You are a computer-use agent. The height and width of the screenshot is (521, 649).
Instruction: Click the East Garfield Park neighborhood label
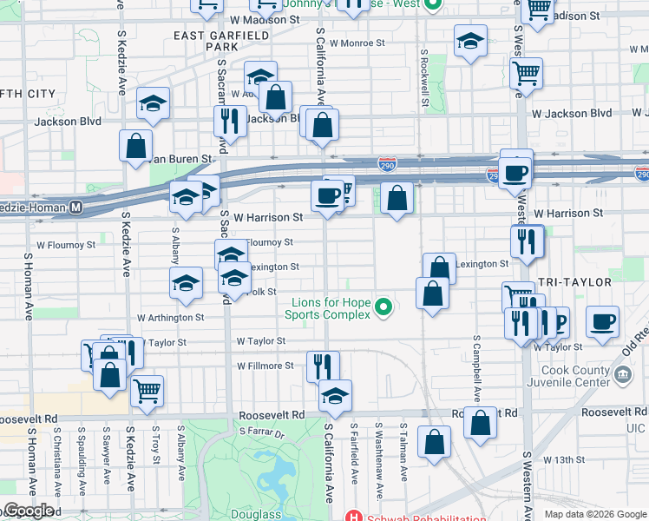[x=210, y=41]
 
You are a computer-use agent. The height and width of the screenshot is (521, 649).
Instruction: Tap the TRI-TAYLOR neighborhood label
[x=574, y=283]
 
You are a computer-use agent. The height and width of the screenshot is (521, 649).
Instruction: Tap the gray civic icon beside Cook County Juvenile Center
[x=622, y=375]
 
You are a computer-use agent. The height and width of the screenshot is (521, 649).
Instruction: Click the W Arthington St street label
[x=169, y=318]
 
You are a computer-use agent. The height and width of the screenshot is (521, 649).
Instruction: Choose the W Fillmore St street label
[x=265, y=366]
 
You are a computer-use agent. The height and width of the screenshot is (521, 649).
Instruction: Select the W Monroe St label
[x=357, y=43]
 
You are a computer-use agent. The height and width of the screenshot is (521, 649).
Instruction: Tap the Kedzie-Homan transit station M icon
[x=76, y=208]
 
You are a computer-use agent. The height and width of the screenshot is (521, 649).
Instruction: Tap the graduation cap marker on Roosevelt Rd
[x=334, y=395]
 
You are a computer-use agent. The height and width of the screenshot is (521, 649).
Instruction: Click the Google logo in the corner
[x=28, y=511]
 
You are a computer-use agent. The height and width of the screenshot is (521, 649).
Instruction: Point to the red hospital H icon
[x=351, y=515]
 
